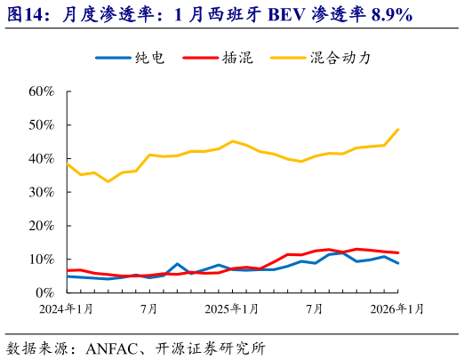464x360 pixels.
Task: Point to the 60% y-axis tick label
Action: point(41,92)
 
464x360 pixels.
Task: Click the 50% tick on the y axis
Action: point(41,125)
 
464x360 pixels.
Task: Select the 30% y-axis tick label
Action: point(41,192)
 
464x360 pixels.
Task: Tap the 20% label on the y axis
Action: point(41,226)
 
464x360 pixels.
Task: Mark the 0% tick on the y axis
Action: point(45,292)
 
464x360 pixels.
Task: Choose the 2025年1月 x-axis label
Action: point(233,309)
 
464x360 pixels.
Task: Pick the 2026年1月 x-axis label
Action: point(397,309)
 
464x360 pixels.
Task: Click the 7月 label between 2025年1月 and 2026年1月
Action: point(315,309)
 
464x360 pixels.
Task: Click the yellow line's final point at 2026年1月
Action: point(397,130)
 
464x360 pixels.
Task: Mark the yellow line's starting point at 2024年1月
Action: point(68,164)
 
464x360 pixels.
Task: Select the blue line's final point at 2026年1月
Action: point(397,263)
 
